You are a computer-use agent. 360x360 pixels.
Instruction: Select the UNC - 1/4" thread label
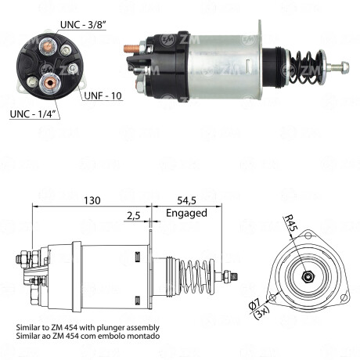(x=34, y=114)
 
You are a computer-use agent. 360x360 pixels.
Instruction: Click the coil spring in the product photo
(x=300, y=64)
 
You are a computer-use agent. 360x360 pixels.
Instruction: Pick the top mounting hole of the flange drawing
(x=308, y=237)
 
